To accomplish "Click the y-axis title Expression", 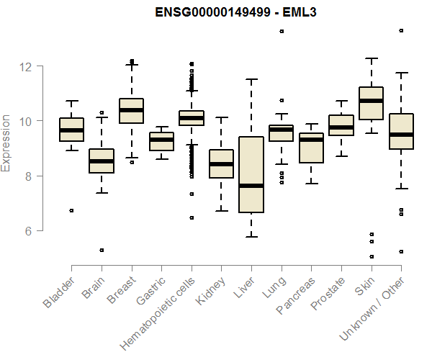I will (x=6, y=143).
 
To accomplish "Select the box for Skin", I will (x=371, y=112).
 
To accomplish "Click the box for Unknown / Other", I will (x=400, y=131).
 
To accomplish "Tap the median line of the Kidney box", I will (x=222, y=164).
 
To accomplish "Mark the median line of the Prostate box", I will (x=341, y=127).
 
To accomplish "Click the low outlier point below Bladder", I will (x=71, y=210).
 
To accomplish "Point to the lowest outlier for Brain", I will (x=102, y=250).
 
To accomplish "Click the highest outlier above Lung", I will (x=282, y=31).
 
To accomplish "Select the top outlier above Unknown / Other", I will (x=401, y=30).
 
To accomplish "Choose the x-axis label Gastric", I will (x=150, y=289).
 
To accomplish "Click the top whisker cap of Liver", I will (x=251, y=79).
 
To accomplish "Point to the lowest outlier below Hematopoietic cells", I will (x=192, y=217).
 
